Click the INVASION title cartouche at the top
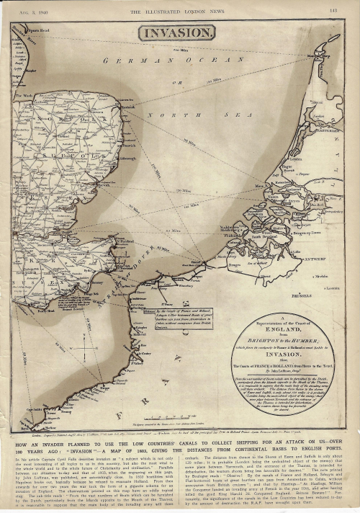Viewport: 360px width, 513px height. click(176, 32)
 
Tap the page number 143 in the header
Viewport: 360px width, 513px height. click(333, 10)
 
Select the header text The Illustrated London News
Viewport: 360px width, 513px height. click(176, 10)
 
